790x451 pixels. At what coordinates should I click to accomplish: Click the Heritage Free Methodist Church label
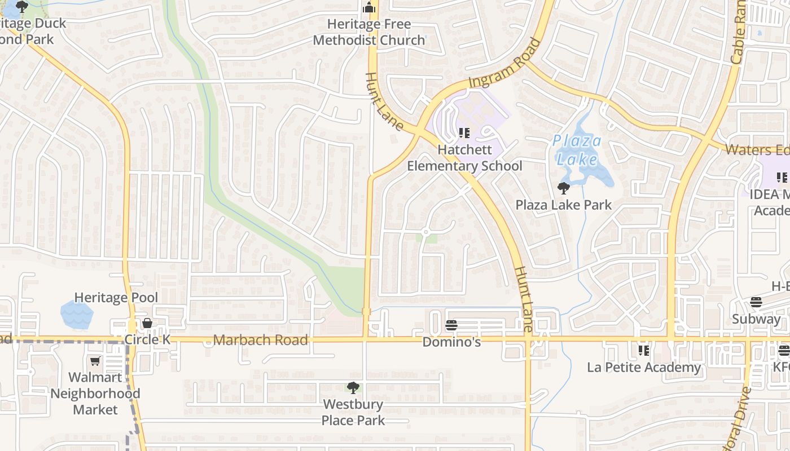click(x=369, y=32)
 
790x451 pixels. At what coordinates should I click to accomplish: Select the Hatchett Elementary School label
click(x=464, y=158)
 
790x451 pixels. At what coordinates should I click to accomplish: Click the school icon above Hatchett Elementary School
click(x=464, y=133)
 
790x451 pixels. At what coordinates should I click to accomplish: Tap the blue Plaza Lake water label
click(x=577, y=149)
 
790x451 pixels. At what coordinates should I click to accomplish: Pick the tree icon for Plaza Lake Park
click(x=563, y=188)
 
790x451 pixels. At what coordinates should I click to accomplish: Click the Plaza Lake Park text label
click(x=563, y=205)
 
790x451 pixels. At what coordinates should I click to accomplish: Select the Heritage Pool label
click(x=116, y=297)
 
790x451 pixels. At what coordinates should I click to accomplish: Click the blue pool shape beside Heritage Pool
click(x=76, y=314)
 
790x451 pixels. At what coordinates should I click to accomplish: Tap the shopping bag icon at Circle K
click(x=147, y=323)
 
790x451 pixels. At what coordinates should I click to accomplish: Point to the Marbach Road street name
click(x=261, y=340)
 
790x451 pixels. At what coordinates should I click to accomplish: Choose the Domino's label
click(x=451, y=342)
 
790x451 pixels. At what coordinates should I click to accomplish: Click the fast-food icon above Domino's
click(x=451, y=325)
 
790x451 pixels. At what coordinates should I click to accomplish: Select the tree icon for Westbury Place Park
click(x=353, y=388)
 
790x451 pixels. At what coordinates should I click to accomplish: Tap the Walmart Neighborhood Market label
click(x=95, y=393)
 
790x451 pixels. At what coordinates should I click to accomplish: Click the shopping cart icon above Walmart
click(x=95, y=361)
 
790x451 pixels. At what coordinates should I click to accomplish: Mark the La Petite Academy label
click(x=644, y=368)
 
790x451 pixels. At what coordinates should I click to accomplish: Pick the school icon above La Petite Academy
click(x=644, y=351)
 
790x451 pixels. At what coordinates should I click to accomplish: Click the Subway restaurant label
click(x=756, y=319)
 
